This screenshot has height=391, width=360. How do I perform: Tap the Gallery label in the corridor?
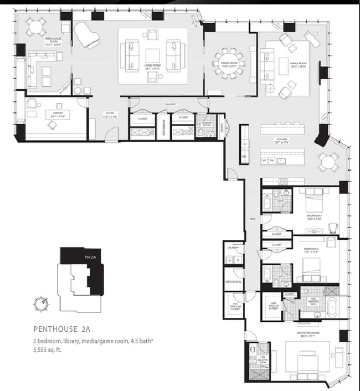point(169,104)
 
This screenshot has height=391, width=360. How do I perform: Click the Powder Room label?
point(207,125)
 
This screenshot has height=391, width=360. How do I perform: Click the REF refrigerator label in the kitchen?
point(244,157)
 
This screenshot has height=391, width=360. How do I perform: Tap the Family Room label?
point(298,65)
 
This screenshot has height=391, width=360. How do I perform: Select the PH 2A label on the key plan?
point(90,257)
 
